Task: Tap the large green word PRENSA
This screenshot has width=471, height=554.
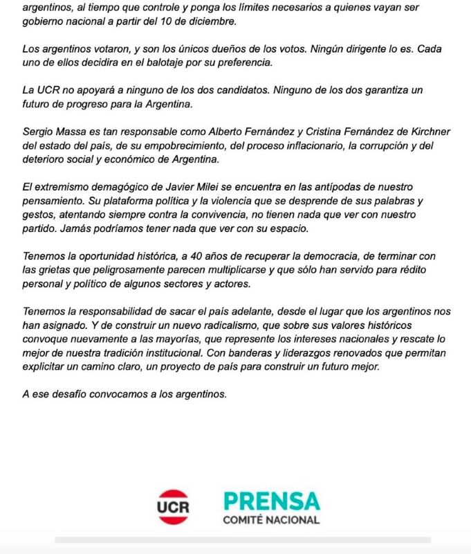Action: tap(271, 500)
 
